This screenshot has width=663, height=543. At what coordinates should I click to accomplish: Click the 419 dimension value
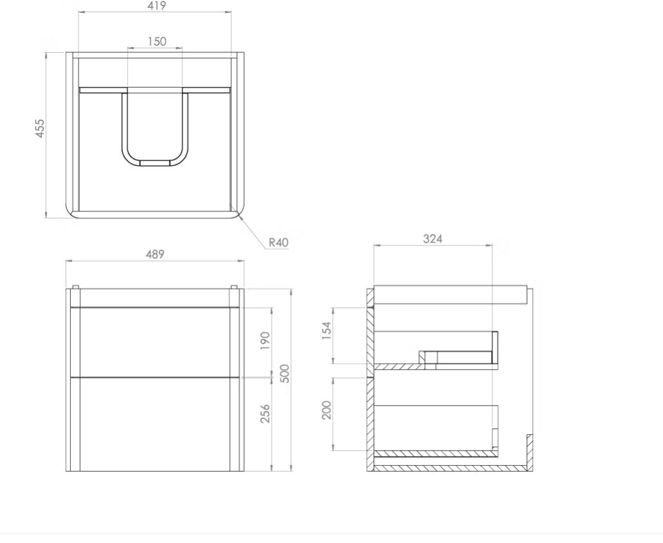tap(157, 6)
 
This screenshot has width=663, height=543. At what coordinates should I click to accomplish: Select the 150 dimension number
tap(157, 41)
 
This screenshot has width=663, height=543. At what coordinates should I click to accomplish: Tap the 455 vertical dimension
tap(39, 128)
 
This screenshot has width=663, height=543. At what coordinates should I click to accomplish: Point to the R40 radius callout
tap(279, 242)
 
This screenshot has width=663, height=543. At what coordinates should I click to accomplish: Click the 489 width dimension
tap(155, 254)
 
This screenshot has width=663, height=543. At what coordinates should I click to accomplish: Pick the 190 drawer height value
tap(265, 341)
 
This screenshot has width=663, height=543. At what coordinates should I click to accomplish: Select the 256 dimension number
tap(265, 414)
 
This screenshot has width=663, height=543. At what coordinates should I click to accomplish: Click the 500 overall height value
tap(285, 374)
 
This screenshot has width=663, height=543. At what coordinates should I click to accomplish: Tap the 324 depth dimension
tap(433, 239)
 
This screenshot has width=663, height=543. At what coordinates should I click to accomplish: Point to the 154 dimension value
tap(327, 330)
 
